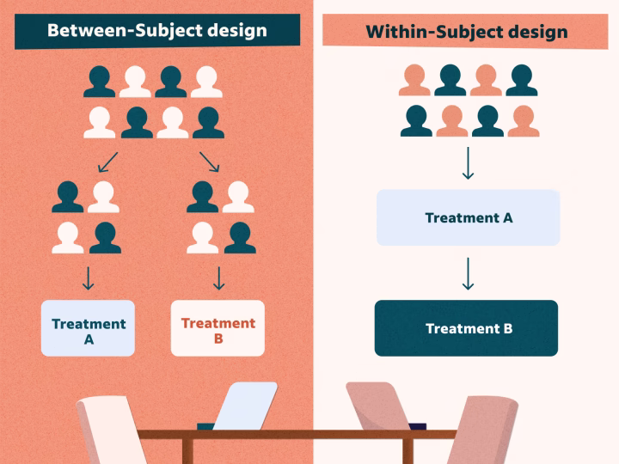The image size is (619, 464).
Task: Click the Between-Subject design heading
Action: pos(156,30)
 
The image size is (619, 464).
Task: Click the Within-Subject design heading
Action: pos(465,32)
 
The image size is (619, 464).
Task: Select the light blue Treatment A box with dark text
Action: pos(89,328)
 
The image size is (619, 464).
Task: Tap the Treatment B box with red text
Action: pos(218,328)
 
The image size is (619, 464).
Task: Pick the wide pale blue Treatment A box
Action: pos(469,218)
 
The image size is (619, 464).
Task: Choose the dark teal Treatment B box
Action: pos(466,328)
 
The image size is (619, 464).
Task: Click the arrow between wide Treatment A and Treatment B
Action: pos(468,273)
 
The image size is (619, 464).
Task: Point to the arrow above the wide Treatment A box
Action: pos(468,163)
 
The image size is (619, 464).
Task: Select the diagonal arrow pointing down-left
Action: pos(108,161)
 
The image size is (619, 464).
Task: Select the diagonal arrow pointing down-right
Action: pos(209,161)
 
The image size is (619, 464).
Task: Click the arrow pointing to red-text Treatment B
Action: pos(218,278)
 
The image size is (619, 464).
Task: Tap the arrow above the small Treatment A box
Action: pos(88,278)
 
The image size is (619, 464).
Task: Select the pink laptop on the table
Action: pos(378,406)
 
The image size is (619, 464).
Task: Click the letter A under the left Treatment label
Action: pos(89,339)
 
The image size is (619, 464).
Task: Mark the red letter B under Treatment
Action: pos(218,339)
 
